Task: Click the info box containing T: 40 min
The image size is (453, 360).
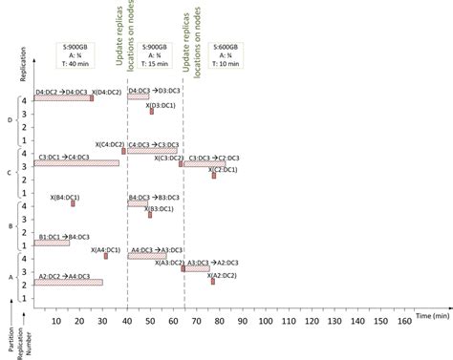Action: pyautogui.click(x=75, y=55)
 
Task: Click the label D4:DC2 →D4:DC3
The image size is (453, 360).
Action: pyautogui.click(x=63, y=90)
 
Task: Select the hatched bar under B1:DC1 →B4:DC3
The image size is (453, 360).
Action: pyautogui.click(x=52, y=243)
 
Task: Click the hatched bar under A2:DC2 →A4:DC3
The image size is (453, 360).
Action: pyautogui.click(x=68, y=283)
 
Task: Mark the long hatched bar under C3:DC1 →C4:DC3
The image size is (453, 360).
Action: pyautogui.click(x=76, y=163)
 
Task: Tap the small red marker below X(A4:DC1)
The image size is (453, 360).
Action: pyautogui.click(x=106, y=256)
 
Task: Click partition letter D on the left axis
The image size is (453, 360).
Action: pyautogui.click(x=11, y=119)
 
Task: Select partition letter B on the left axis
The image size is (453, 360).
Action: pyautogui.click(x=11, y=226)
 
